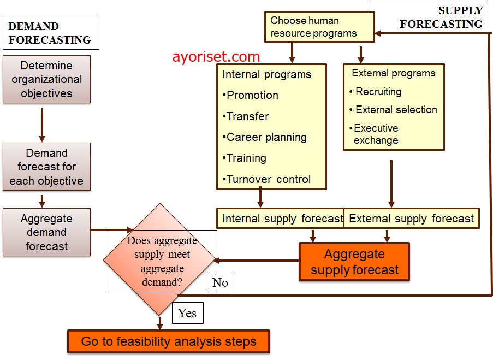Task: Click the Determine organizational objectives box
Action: (46, 79)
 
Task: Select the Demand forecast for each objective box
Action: (46, 167)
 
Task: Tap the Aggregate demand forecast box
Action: (46, 232)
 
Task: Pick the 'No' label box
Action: (220, 282)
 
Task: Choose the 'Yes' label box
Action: (188, 313)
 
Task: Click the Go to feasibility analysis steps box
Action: (169, 341)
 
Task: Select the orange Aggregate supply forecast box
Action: (354, 262)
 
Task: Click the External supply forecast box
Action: (412, 219)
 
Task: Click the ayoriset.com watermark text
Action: (216, 56)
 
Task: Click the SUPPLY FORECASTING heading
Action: (441, 17)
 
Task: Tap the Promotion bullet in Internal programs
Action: (251, 95)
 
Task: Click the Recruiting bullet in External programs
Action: (377, 92)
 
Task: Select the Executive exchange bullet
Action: (375, 134)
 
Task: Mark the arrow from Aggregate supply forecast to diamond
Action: (257, 261)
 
